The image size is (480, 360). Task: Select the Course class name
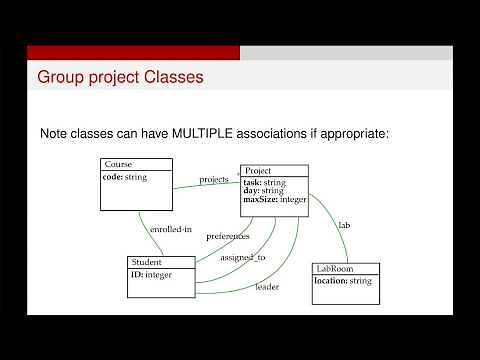[118, 164]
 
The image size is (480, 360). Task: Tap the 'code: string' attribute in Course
[125, 177]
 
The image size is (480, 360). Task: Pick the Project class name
[258, 171]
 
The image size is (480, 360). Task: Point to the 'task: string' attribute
[264, 183]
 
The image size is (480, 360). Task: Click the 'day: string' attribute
[263, 191]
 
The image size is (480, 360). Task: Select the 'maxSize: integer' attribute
[274, 199]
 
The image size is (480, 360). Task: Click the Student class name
[146, 262]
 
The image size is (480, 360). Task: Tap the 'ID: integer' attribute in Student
[152, 274]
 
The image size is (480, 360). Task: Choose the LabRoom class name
[335, 269]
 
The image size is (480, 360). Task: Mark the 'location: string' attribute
[342, 281]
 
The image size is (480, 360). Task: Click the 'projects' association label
[214, 180]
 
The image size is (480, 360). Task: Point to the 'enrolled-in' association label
[171, 229]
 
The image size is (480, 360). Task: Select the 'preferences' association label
[228, 236]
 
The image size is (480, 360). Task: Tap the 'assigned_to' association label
[244, 257]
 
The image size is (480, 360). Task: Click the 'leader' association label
[267, 287]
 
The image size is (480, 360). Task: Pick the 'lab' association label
[344, 225]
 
